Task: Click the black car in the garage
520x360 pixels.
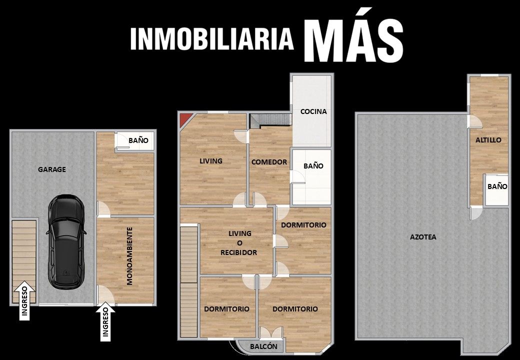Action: click(x=66, y=241)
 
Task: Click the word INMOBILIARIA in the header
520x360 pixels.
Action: click(x=212, y=39)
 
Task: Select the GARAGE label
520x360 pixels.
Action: click(x=51, y=169)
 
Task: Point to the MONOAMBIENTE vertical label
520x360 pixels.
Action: click(x=129, y=255)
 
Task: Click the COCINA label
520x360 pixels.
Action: click(x=313, y=111)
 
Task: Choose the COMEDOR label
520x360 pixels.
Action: click(x=269, y=162)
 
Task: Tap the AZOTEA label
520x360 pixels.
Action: click(x=423, y=237)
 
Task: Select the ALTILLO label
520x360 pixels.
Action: click(x=488, y=140)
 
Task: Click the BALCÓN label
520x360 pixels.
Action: click(x=263, y=346)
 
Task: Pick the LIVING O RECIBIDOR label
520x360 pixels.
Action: click(x=239, y=243)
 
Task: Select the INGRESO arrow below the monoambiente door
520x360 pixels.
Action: click(x=105, y=321)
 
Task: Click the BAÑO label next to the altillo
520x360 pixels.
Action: click(x=497, y=186)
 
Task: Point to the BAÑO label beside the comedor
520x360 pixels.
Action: click(x=313, y=165)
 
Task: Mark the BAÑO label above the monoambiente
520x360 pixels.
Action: click(x=138, y=140)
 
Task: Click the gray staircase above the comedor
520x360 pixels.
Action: click(x=270, y=120)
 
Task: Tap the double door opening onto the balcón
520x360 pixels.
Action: click(x=271, y=332)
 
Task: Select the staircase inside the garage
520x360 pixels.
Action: click(x=24, y=261)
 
